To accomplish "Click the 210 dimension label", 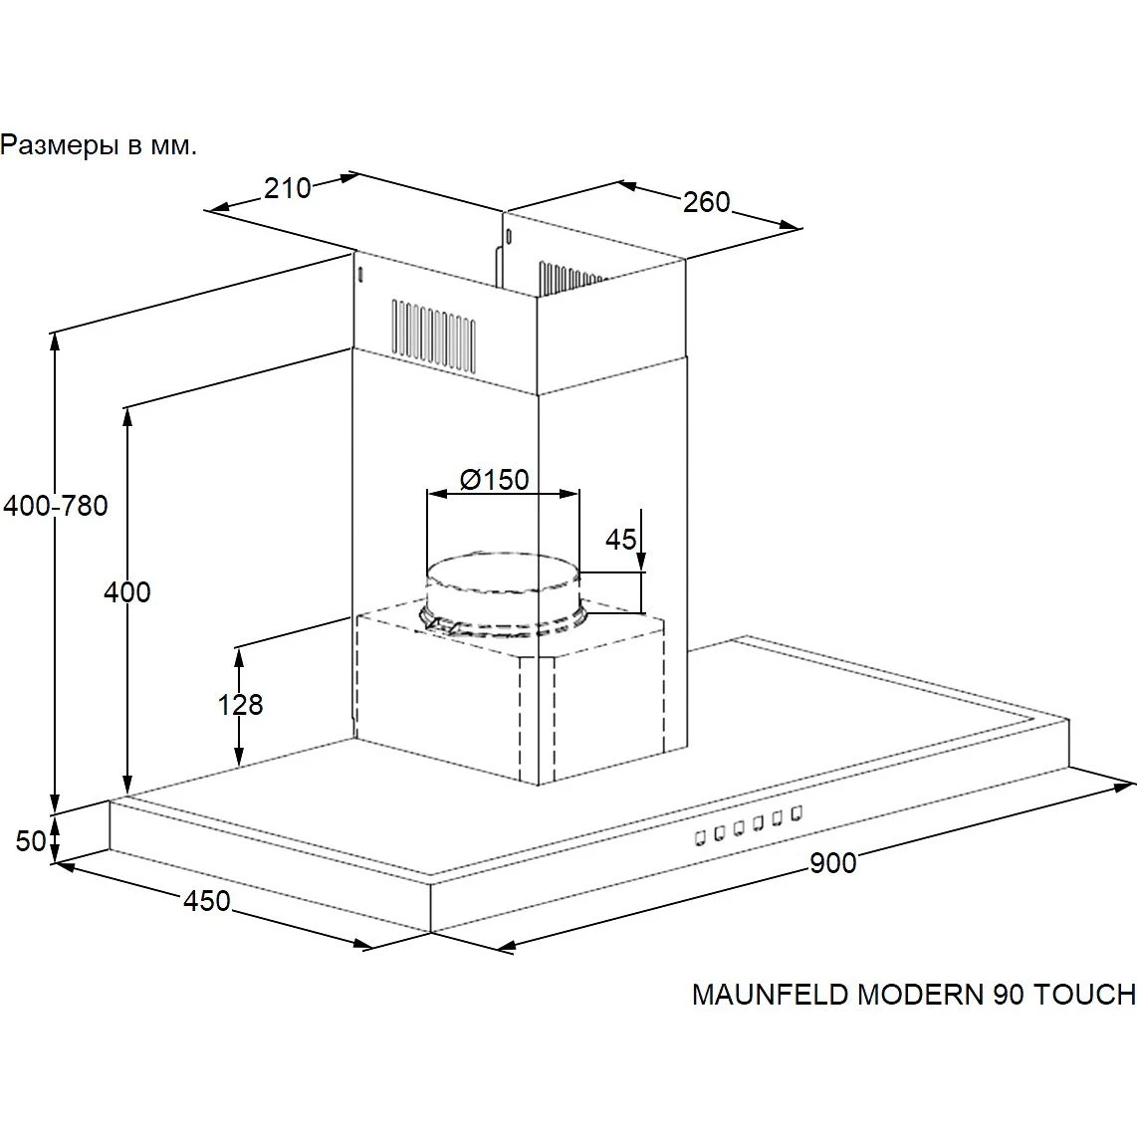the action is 287,188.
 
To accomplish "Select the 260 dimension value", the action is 706,202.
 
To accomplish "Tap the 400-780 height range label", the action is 56,506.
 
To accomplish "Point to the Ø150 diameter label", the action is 495,479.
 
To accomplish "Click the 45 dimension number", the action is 620,540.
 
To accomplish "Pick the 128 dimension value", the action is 241,704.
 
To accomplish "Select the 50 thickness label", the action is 31,841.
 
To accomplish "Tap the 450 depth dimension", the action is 207,901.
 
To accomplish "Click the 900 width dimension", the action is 832,863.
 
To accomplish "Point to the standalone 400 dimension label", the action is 127,592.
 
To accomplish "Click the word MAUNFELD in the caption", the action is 770,995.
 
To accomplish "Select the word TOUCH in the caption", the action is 1084,995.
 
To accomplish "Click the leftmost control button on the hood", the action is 700,838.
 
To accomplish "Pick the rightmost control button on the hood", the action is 796,812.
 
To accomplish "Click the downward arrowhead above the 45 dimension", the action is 641,560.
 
